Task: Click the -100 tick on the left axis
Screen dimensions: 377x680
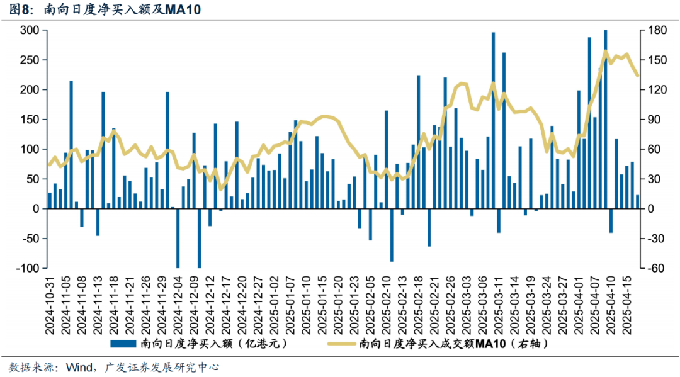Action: coord(28,268)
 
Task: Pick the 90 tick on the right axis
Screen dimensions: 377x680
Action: coord(652,120)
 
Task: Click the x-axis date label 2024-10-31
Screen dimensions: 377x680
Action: coord(50,302)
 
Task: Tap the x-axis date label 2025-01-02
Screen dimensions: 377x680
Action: coord(275,302)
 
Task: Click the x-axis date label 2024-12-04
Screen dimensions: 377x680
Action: coord(178,302)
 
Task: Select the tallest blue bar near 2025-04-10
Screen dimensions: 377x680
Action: coord(605,120)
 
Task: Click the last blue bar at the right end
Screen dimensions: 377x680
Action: coord(637,202)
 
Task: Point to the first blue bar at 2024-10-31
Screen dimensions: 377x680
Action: coord(50,201)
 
